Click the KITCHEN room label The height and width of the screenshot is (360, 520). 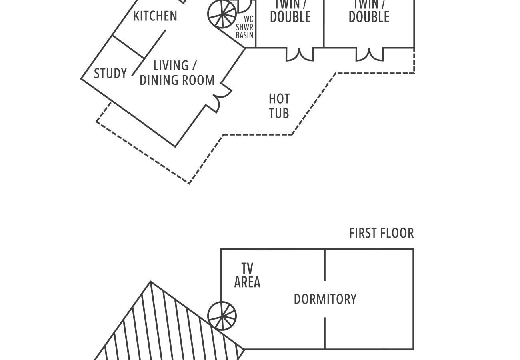[155, 16]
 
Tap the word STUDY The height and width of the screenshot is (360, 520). [110, 74]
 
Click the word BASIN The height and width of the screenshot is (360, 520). [244, 35]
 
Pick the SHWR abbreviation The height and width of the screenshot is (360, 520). [244, 27]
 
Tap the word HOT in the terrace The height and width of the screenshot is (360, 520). [279, 98]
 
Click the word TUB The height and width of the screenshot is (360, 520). [279, 113]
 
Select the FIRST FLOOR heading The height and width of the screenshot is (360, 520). [381, 233]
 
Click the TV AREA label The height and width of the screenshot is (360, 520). [247, 275]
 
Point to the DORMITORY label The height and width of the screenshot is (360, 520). [325, 299]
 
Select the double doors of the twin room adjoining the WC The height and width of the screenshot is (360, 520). [300, 55]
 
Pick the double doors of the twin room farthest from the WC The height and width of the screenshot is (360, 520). [370, 55]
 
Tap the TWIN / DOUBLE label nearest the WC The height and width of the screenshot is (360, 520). [290, 12]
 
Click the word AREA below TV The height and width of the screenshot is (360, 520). [247, 282]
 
